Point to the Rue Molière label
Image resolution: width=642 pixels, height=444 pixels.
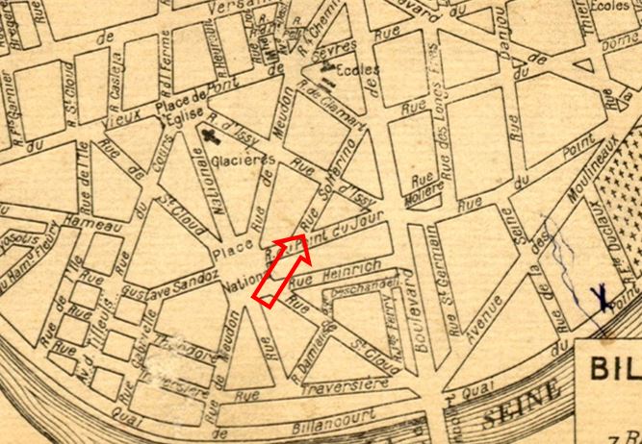coord(423,184)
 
